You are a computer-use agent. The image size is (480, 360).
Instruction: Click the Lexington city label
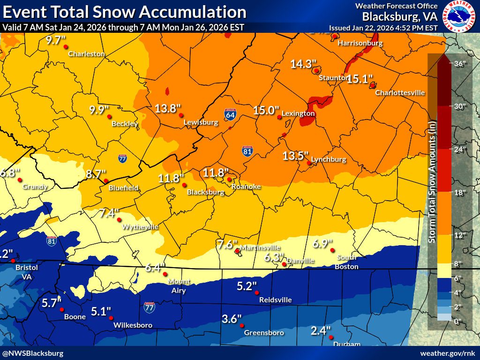click(298, 113)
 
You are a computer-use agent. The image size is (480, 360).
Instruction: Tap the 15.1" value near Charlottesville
click(360, 79)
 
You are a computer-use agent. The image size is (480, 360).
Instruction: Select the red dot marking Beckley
click(109, 116)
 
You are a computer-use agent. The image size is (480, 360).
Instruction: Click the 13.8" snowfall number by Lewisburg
click(168, 109)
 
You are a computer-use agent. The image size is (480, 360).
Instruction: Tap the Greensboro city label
click(264, 333)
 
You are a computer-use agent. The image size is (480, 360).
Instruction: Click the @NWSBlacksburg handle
click(33, 353)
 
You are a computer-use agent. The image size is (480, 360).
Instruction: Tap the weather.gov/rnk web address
click(448, 353)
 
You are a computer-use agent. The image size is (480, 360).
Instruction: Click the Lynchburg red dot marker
click(309, 163)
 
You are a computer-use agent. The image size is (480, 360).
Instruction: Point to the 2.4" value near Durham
click(321, 331)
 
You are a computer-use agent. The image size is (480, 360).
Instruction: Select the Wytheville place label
click(140, 227)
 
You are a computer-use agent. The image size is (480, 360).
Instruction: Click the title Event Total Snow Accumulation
click(124, 12)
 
